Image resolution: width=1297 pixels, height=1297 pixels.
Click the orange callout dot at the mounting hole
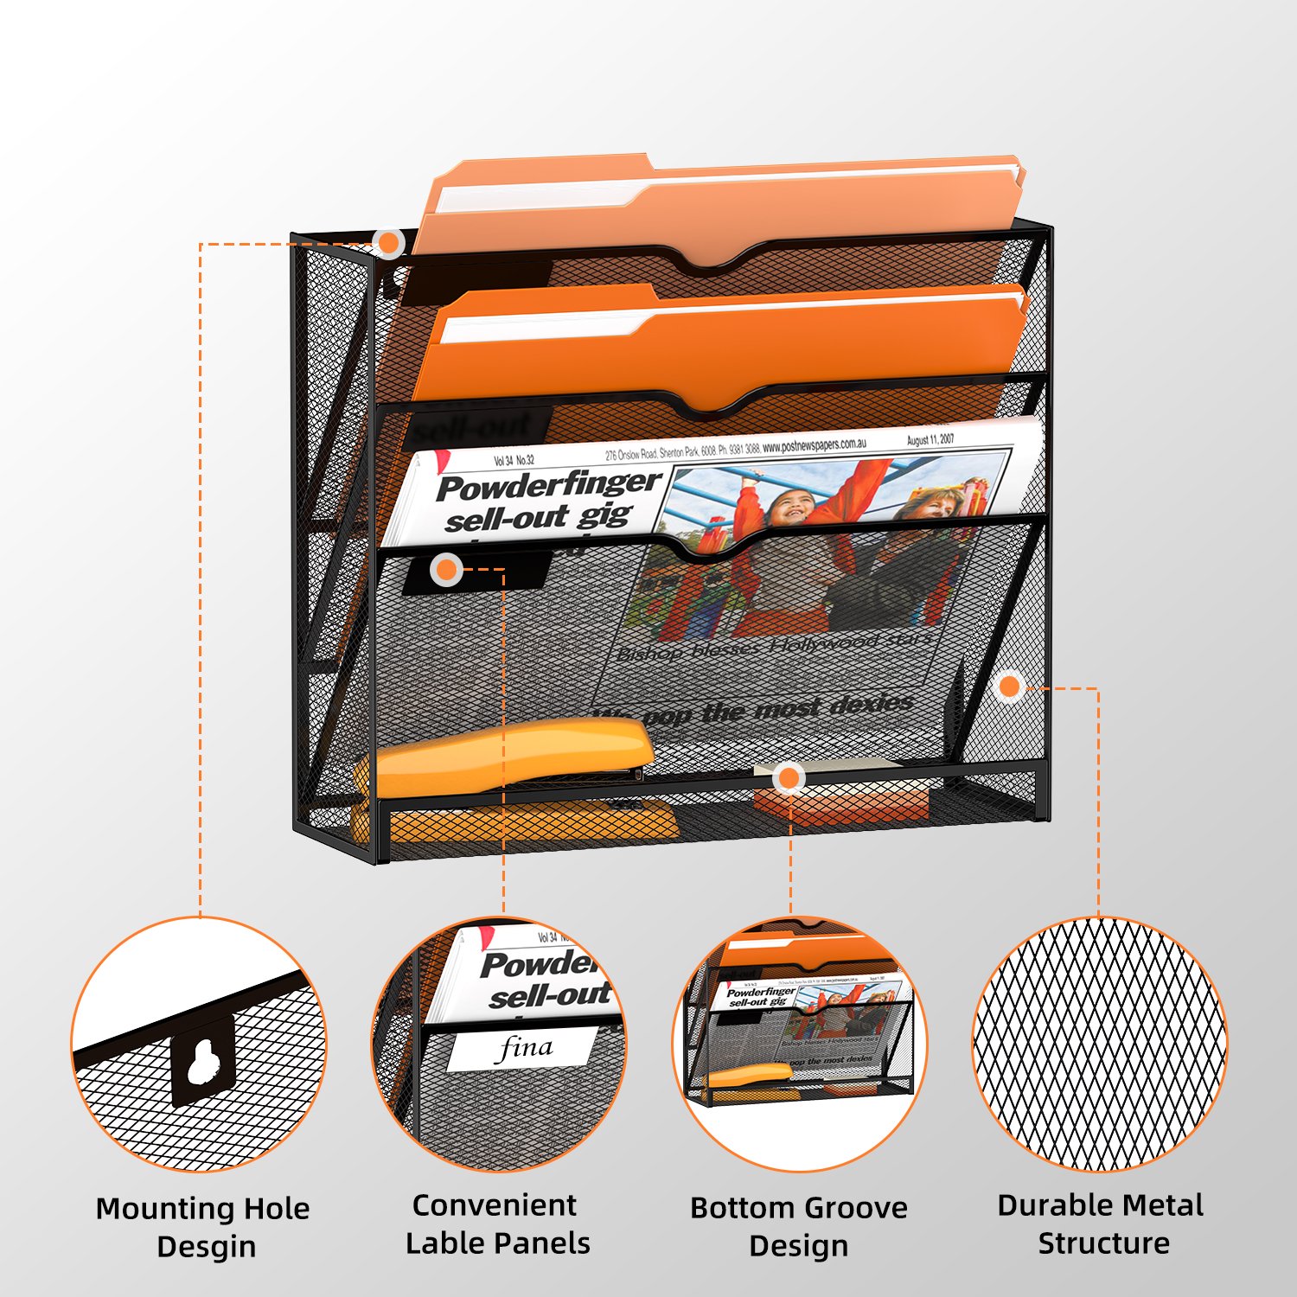coord(390,243)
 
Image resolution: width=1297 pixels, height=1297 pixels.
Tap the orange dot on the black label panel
coord(446,570)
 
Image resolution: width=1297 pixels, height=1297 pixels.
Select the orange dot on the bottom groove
coord(788,779)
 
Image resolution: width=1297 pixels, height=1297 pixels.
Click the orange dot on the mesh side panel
coord(1009,687)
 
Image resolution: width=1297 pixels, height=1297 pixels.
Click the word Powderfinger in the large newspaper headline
coord(549,485)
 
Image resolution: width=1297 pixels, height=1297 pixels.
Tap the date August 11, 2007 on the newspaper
coord(930,440)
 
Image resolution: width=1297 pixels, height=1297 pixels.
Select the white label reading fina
coord(523,1049)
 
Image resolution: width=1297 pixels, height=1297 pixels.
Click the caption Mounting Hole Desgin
coord(203,1227)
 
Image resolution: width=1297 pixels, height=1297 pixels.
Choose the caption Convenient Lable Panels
coord(497,1224)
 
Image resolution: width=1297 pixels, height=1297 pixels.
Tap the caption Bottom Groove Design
coord(798,1226)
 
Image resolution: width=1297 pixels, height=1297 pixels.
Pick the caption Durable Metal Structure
coord(1101,1224)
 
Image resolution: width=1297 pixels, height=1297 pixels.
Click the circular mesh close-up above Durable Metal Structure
coord(1100,1045)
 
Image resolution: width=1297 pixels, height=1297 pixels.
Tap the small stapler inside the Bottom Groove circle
coord(749,1075)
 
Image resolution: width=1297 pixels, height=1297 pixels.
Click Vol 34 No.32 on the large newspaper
coord(514,461)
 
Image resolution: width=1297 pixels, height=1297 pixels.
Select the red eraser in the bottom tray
coord(843,800)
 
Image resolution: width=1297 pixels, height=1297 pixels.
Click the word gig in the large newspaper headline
coord(604,516)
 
